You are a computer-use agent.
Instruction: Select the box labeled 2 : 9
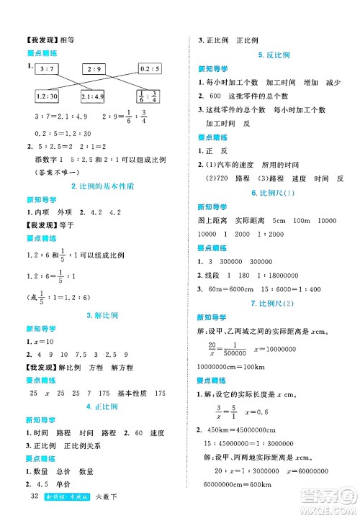pos(94,69)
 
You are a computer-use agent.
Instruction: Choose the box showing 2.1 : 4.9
pos(96,97)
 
